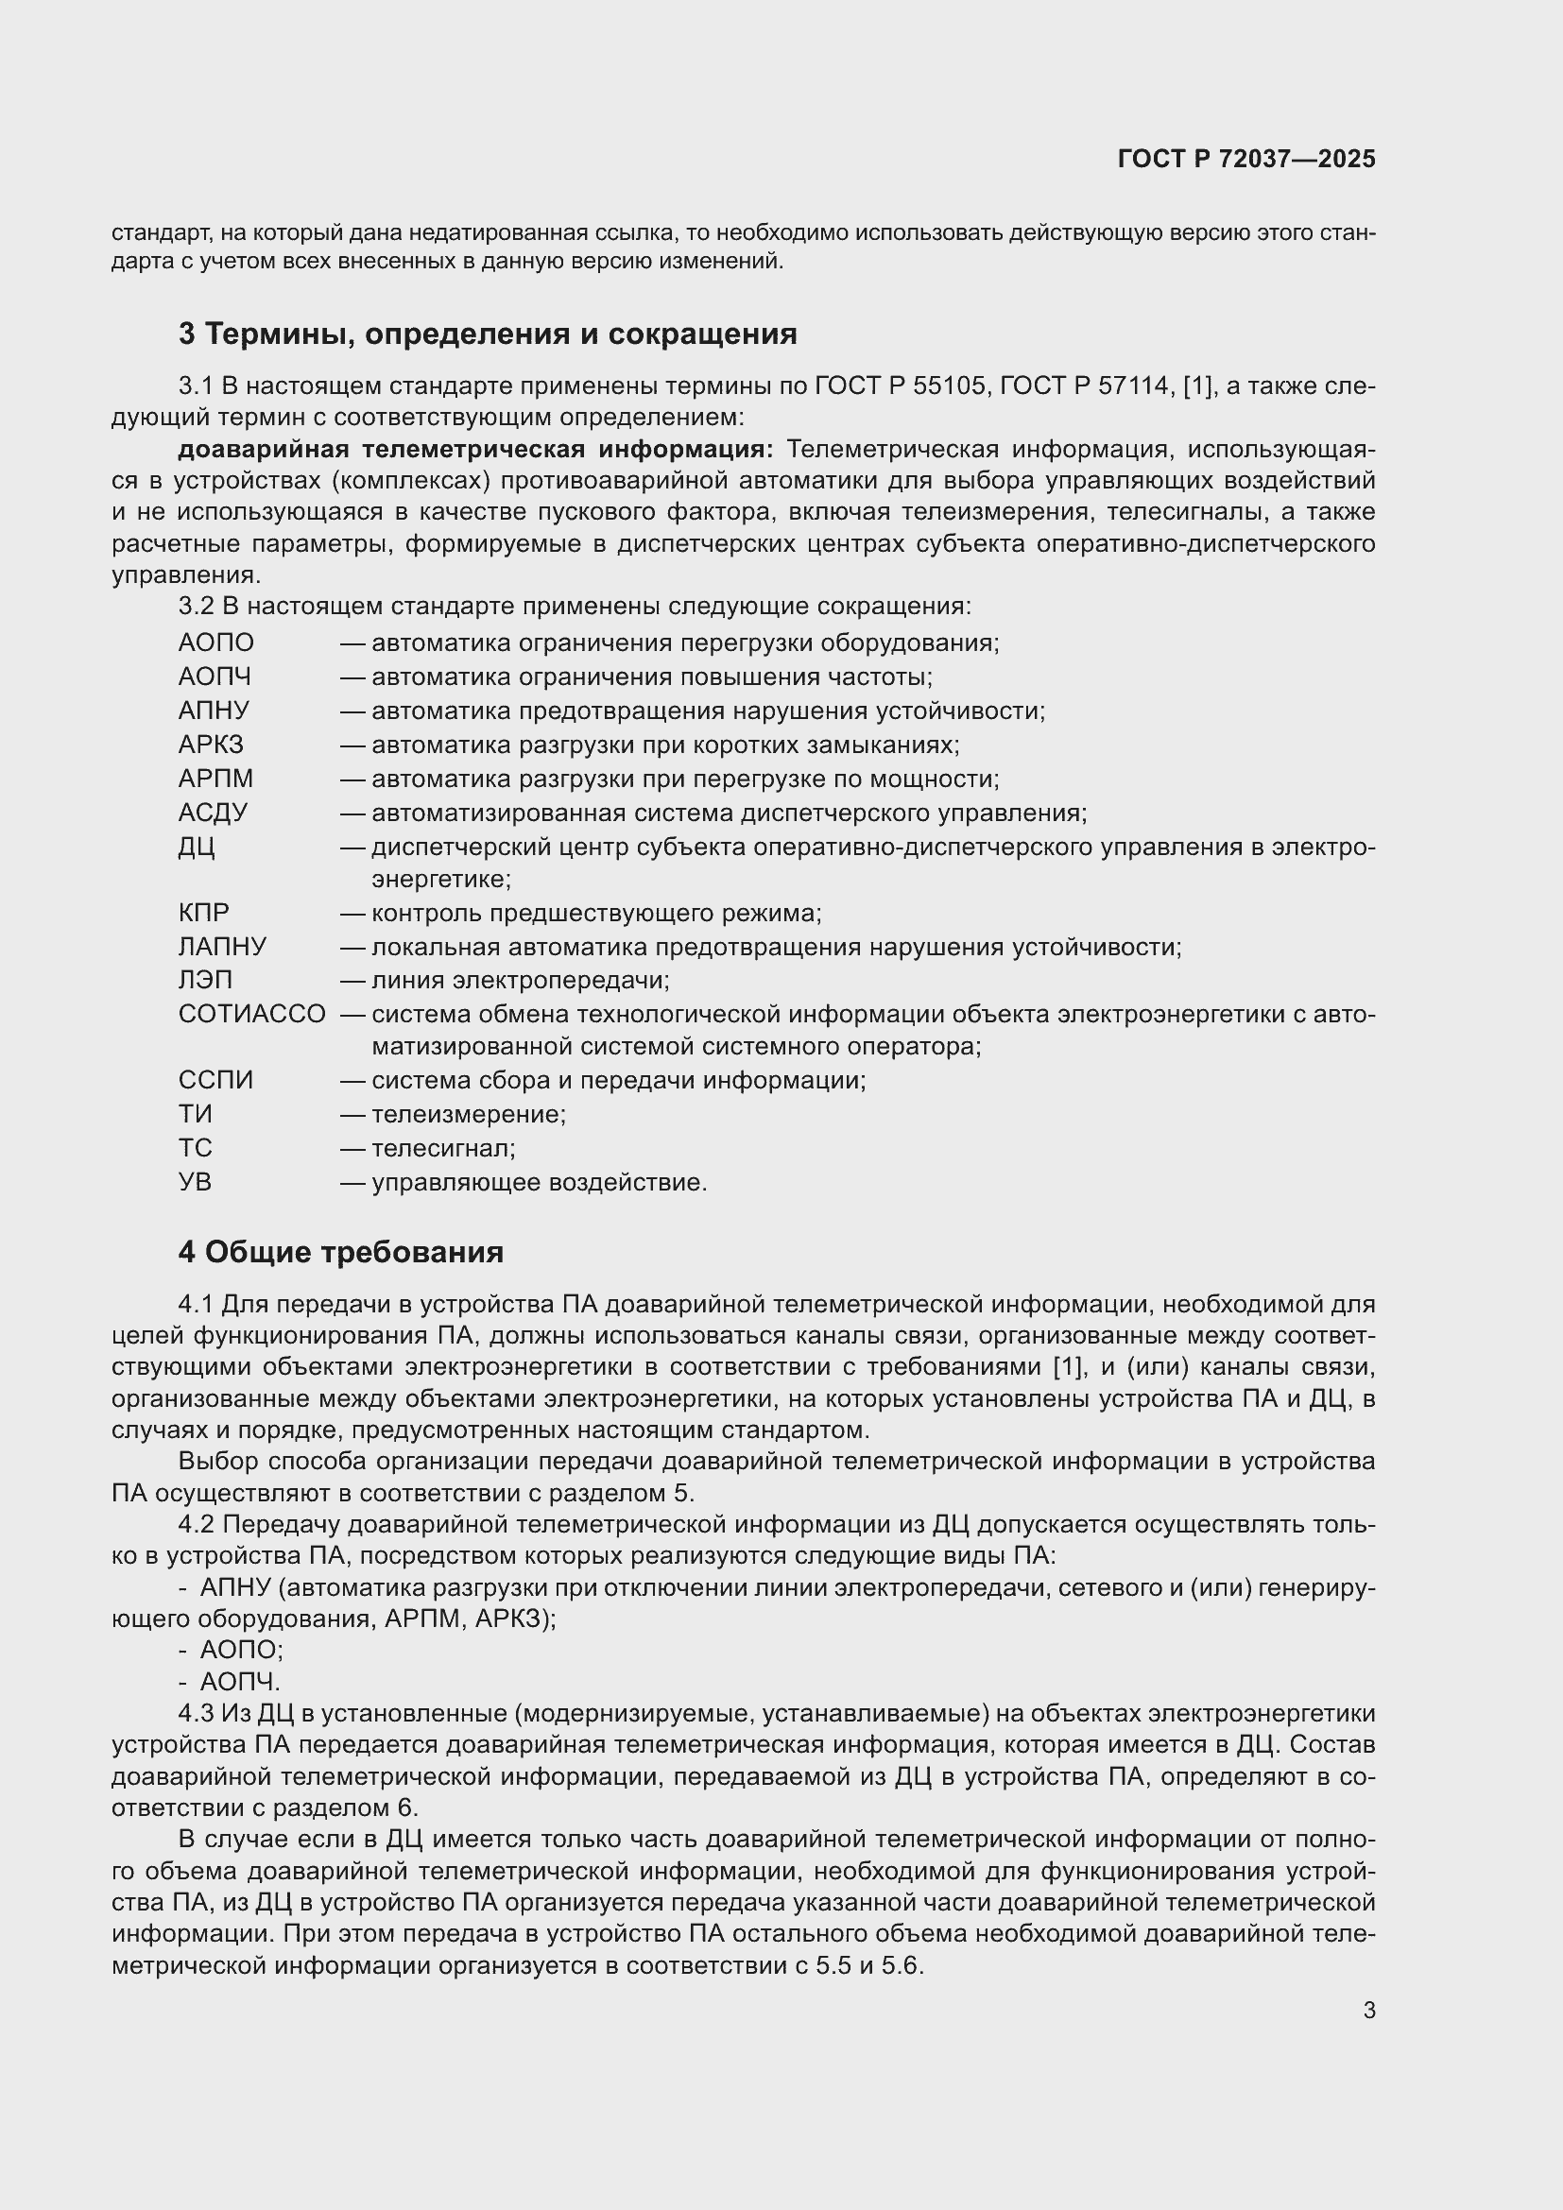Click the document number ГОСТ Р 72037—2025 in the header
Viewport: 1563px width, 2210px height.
pyautogui.click(x=1246, y=159)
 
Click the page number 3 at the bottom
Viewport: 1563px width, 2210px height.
pyautogui.click(x=1368, y=2010)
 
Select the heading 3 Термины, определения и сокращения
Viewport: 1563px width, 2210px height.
pyautogui.click(x=487, y=334)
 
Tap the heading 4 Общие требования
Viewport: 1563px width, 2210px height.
pyautogui.click(x=341, y=1251)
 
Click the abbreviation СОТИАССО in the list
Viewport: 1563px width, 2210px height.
pyautogui.click(x=251, y=1014)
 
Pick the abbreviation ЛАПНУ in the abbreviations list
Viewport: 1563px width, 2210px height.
pyautogui.click(x=222, y=946)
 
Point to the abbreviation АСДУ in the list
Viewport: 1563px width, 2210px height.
pyautogui.click(x=213, y=813)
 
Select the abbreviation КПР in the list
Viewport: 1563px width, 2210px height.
pyautogui.click(x=204, y=913)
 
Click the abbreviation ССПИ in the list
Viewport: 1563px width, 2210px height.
pyautogui.click(x=215, y=1080)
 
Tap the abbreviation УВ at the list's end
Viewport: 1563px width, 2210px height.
pyautogui.click(x=195, y=1181)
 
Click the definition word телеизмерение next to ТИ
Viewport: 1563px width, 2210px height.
pyautogui.click(x=469, y=1114)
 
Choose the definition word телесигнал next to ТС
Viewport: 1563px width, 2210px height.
pyautogui.click(x=442, y=1147)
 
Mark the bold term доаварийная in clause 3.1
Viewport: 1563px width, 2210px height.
pyautogui.click(x=262, y=450)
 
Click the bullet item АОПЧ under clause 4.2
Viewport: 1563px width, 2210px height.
pyautogui.click(x=240, y=1682)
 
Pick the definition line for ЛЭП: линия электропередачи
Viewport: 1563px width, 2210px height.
pyautogui.click(x=520, y=980)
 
